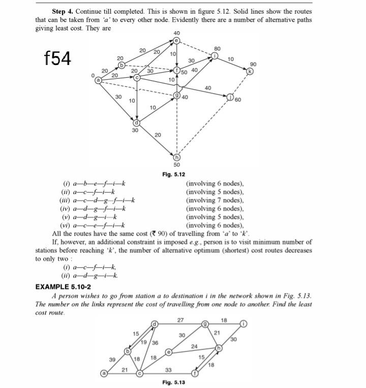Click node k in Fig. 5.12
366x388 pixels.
(250, 72)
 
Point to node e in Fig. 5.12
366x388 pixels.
(177, 41)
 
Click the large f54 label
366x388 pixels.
(57, 58)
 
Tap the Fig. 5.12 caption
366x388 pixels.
(174, 174)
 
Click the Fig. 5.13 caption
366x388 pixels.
(173, 381)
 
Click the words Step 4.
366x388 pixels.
(63, 11)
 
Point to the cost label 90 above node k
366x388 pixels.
(253, 64)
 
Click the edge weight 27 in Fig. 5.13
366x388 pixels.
(180, 320)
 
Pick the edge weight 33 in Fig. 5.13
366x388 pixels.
(168, 369)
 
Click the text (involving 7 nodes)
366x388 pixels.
(216, 201)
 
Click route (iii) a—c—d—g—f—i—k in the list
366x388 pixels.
(97, 201)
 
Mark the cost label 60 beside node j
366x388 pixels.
(238, 99)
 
